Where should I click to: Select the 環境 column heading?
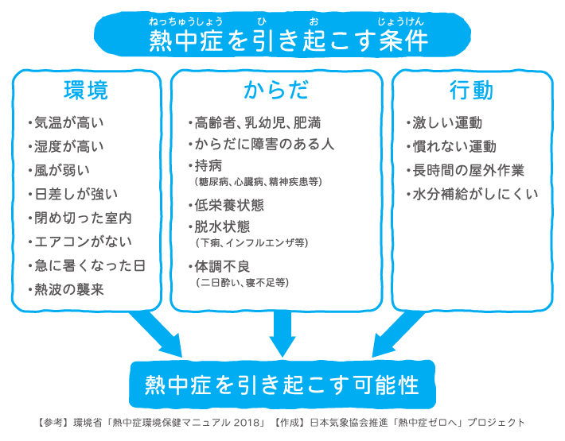click(86, 90)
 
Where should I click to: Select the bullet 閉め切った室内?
click(81, 218)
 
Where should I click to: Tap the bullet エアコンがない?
click(81, 242)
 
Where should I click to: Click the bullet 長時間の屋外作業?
click(469, 170)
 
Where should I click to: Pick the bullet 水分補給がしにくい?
click(475, 194)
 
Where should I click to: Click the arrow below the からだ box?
click(282, 334)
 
